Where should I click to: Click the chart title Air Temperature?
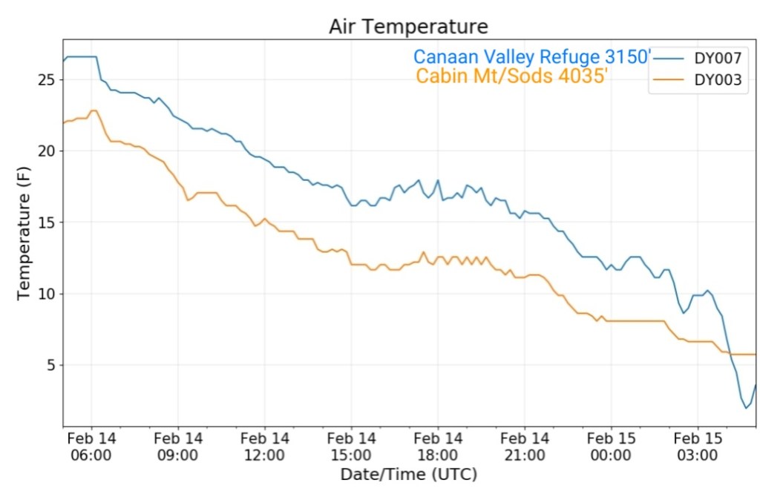click(408, 27)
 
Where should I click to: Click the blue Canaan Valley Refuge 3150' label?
click(532, 57)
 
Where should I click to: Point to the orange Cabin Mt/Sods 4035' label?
click(513, 76)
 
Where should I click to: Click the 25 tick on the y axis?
click(47, 79)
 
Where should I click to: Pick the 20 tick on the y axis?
click(47, 151)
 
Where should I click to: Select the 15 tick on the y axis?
click(47, 222)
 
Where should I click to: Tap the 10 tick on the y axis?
click(47, 294)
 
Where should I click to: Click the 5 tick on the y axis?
click(50, 365)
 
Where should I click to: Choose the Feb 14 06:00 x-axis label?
click(91, 447)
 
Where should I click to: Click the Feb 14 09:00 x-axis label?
click(178, 447)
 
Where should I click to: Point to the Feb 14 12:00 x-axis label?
click(265, 447)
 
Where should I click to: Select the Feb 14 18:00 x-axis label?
click(438, 447)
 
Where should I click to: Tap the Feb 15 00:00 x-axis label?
click(611, 447)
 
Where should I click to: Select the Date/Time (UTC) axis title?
click(408, 474)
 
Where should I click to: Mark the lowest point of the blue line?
click(747, 408)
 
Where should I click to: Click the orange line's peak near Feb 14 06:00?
click(94, 111)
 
